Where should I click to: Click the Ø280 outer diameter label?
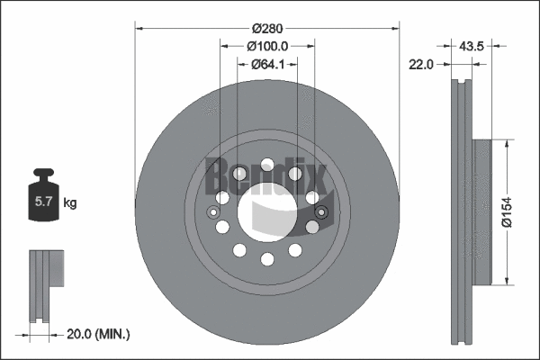coord(267,28)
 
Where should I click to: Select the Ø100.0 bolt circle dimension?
coord(267,46)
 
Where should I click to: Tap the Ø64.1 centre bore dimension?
coord(267,64)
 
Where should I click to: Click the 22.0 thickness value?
coord(421,64)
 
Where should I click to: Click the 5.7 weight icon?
coord(43,200)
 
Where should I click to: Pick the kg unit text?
coord(70,203)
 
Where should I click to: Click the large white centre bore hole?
coord(267,212)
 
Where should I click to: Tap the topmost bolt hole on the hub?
coord(267,165)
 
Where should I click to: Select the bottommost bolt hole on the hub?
coord(267,260)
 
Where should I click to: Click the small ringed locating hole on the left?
coord(212,213)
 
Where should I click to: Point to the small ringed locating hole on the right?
coord(322,213)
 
